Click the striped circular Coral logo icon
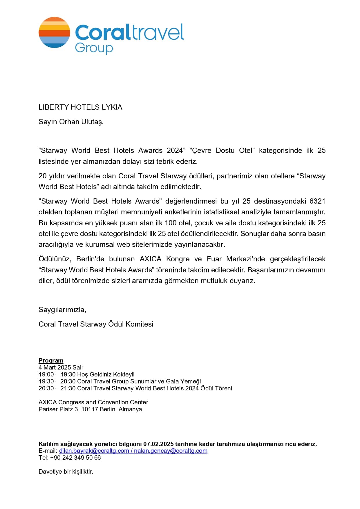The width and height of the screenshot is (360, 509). point(54,32)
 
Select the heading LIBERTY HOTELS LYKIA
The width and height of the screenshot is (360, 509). point(80,107)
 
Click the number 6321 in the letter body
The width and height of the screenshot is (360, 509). point(317,201)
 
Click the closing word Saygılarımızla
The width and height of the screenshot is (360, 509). point(62,310)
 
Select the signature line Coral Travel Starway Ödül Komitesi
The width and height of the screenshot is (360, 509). point(96,324)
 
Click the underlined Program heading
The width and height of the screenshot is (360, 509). point(51,361)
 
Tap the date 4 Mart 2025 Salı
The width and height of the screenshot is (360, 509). point(61,367)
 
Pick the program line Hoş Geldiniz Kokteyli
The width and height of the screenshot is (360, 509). point(106,374)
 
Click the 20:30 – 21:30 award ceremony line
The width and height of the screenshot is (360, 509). point(135,388)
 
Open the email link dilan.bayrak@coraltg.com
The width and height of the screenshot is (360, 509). point(94,451)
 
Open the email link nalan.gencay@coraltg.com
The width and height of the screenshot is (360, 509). point(171,451)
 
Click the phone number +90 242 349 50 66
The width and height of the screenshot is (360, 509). point(75,458)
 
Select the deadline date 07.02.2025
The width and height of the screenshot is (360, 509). point(158,444)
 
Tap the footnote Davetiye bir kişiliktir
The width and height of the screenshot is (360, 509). point(66,472)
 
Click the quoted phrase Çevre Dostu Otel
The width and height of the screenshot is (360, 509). point(222,151)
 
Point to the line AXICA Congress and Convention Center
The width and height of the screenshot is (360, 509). point(93,402)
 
